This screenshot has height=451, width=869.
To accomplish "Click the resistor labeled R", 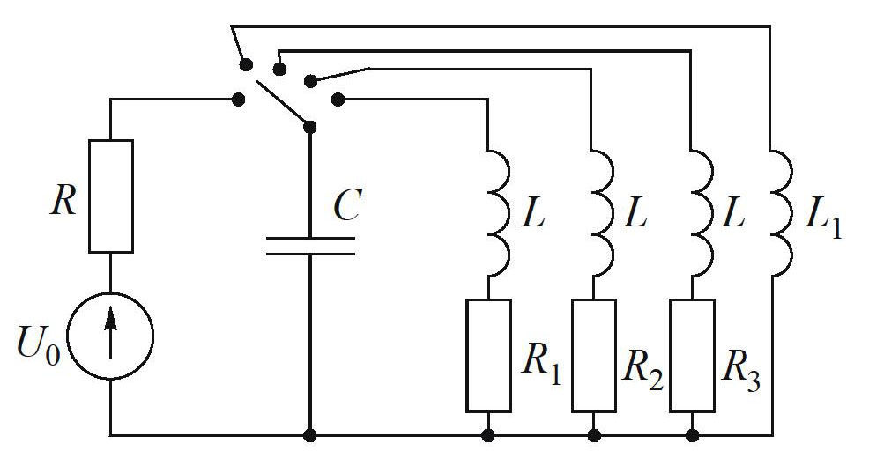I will click(x=111, y=196).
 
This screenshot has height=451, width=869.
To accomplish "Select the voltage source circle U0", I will click(x=111, y=336).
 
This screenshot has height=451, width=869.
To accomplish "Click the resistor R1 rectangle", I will click(x=488, y=355).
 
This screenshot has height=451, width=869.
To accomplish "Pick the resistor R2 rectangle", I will click(x=594, y=355).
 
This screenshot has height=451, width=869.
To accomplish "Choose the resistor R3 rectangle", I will click(x=692, y=355).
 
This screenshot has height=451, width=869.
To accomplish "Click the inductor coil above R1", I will click(x=496, y=212).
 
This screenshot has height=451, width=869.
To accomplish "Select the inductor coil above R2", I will click(x=602, y=212).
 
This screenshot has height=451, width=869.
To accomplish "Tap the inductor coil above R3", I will click(x=700, y=212).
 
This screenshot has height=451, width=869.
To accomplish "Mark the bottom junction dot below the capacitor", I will click(x=310, y=435).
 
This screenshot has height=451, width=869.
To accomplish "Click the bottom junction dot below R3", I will click(x=692, y=435).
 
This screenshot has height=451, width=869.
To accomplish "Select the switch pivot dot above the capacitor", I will click(x=310, y=127).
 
